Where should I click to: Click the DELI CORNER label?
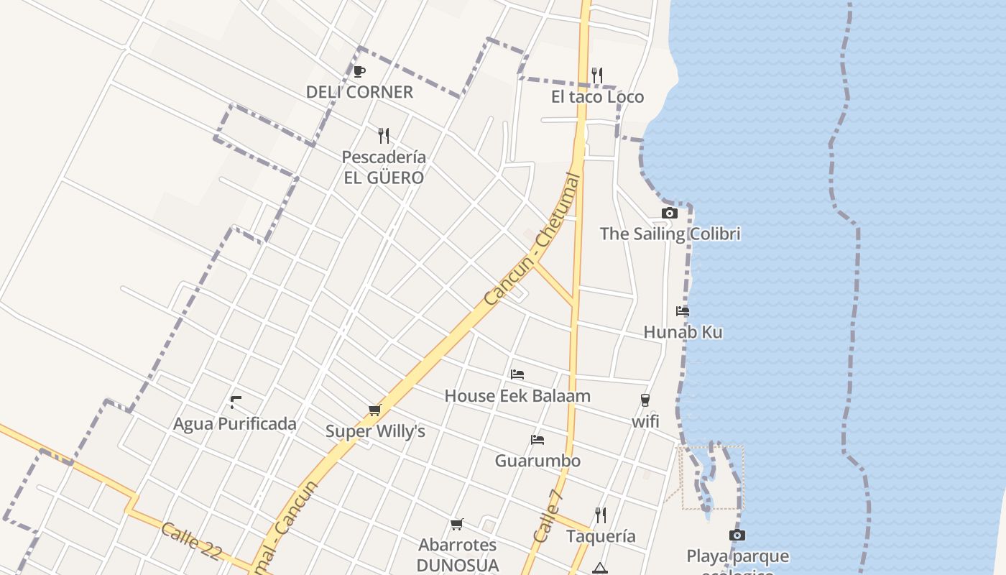[359, 92]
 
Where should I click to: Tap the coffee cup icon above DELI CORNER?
[359, 71]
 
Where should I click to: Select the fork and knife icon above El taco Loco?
[597, 75]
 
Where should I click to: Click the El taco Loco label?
[597, 97]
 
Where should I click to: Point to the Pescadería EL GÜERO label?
[384, 167]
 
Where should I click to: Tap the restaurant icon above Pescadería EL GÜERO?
[384, 135]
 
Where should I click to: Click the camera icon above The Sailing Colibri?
[670, 213]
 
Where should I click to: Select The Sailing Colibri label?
[670, 234]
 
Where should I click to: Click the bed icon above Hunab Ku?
[683, 311]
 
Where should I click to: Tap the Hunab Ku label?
[683, 332]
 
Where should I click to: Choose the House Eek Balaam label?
[517, 395]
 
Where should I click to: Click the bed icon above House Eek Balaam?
[517, 374]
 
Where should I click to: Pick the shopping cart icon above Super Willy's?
[374, 410]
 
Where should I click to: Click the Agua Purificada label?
[235, 423]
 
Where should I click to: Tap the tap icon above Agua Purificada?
[235, 402]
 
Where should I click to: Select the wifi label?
[645, 421]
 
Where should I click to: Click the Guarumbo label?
[537, 460]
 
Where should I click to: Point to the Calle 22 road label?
[190, 540]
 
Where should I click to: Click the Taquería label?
[601, 536]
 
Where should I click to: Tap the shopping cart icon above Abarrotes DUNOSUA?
[457, 524]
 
